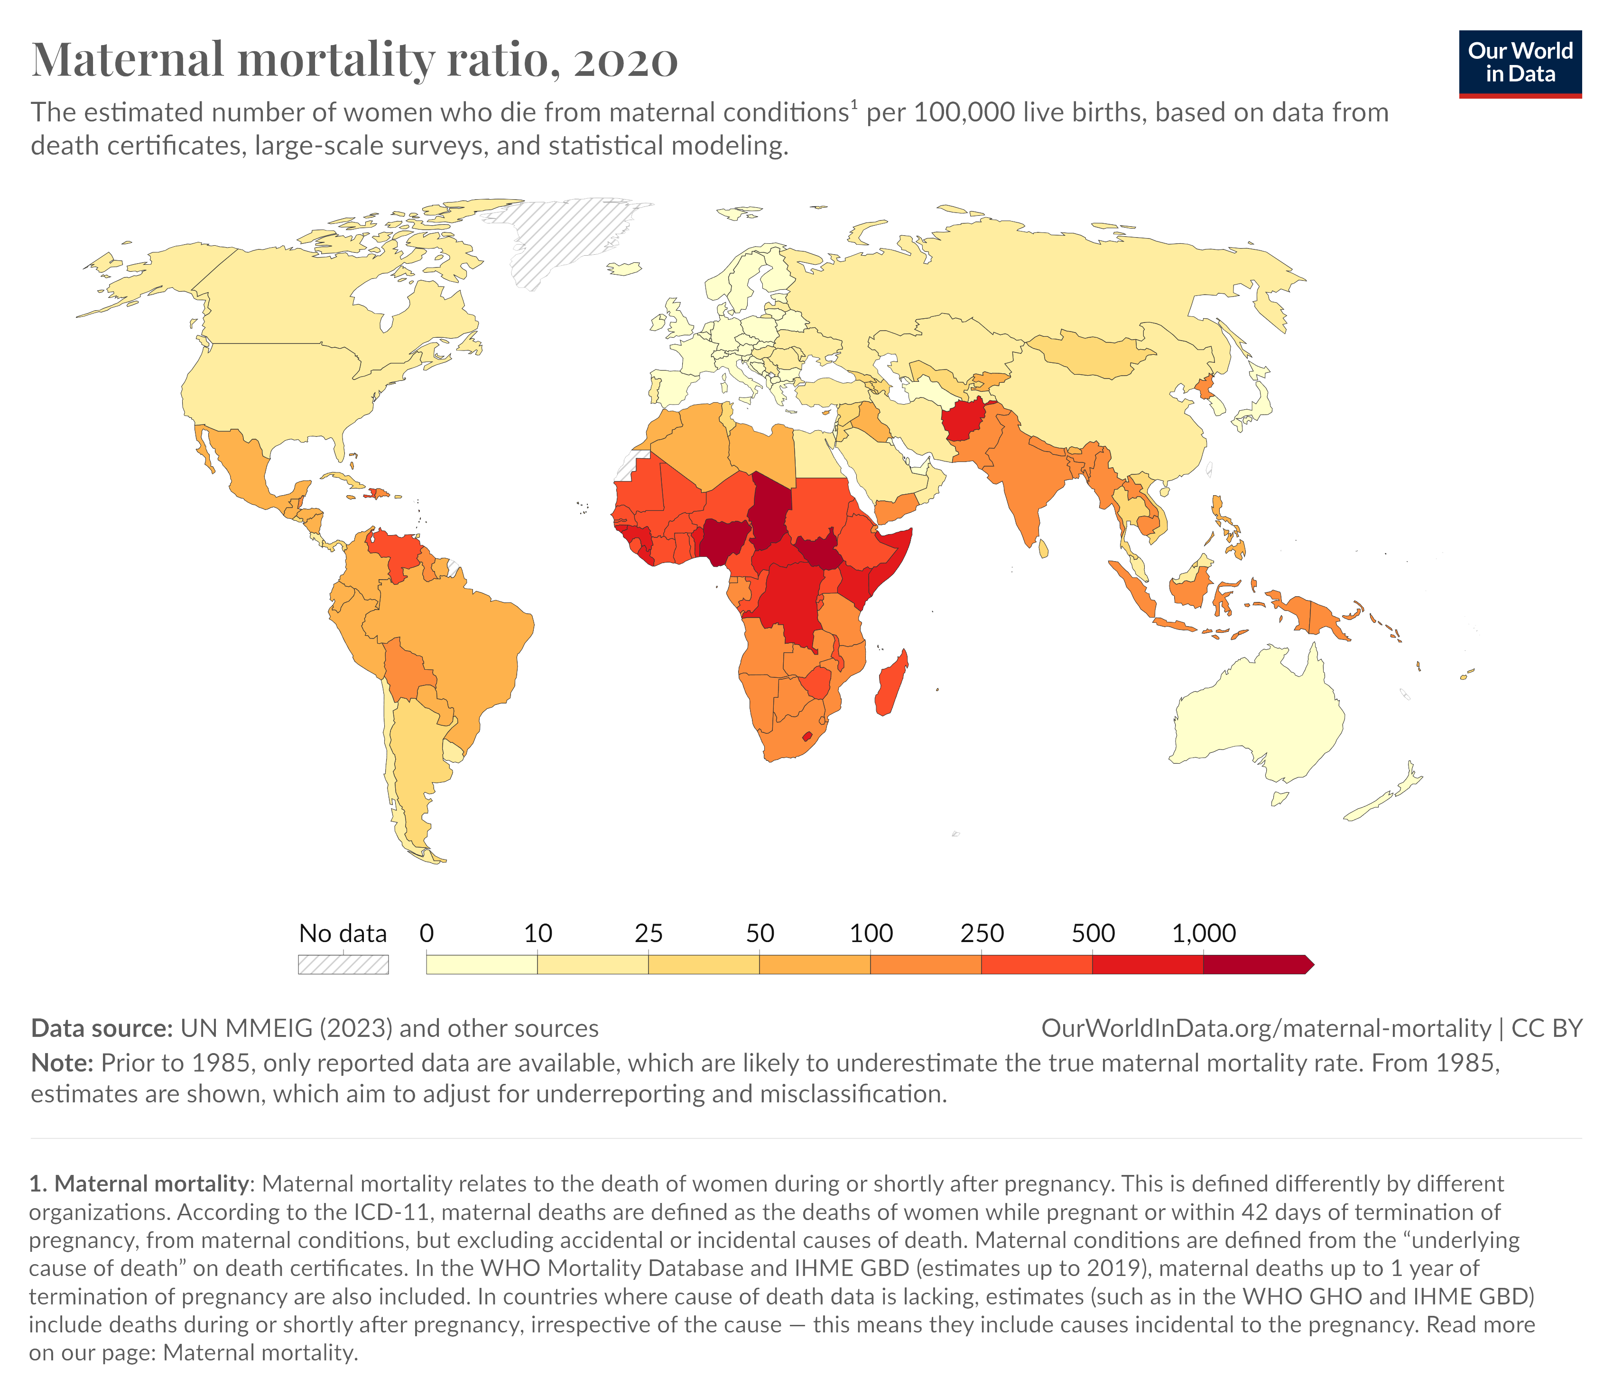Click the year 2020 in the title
(x=626, y=60)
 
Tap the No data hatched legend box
(x=343, y=964)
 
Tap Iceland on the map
(x=623, y=269)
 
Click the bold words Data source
(x=102, y=1028)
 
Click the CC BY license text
(x=1546, y=1028)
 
